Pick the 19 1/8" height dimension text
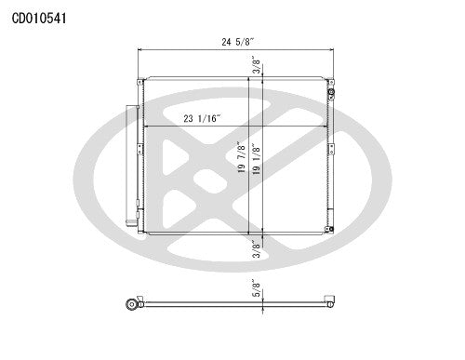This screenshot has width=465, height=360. [x=258, y=159]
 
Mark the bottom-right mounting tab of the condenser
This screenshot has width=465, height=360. [x=326, y=231]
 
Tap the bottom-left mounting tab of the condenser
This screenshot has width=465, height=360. [x=141, y=231]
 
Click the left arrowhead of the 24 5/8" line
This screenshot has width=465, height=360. [x=141, y=49]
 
